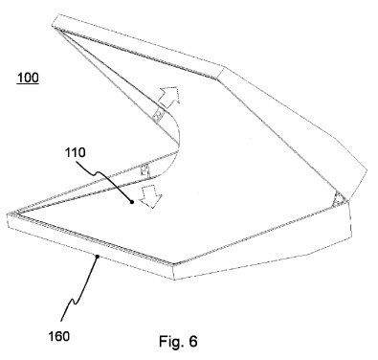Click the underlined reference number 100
28,78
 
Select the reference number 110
76,152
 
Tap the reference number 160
58,336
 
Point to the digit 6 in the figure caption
193,341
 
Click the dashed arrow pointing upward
168,96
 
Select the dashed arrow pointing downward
150,196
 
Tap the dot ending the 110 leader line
131,201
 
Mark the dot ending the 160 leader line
97,256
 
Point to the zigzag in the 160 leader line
74,300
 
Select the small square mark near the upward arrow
158,117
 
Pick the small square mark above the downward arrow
145,169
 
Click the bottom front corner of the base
175,280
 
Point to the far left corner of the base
7,214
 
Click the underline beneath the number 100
28,83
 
